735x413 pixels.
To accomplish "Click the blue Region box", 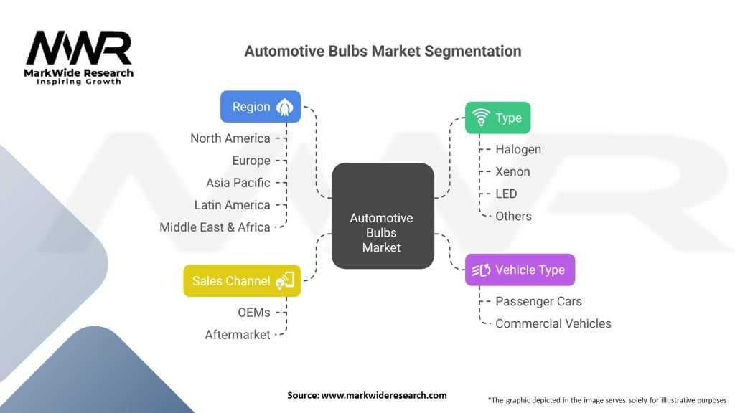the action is [x=261, y=107].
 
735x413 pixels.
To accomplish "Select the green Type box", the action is [x=498, y=118].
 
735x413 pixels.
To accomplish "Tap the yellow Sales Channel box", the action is [x=242, y=281].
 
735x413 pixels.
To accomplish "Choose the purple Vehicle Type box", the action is [x=520, y=270].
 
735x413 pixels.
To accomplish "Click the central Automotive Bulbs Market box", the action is [x=383, y=216].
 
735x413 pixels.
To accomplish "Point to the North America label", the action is [x=230, y=138].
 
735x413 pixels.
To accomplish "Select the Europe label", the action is [x=251, y=161].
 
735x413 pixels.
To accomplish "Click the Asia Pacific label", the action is [x=238, y=183].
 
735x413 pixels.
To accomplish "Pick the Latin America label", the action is [x=233, y=205].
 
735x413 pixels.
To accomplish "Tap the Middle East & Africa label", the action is [x=215, y=227].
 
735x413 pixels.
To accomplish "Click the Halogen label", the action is [x=518, y=150].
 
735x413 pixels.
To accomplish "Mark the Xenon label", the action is [x=512, y=172].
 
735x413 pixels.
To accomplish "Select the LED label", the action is [x=506, y=194].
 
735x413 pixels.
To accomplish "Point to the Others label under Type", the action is [x=514, y=217].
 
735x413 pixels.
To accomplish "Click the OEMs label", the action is [x=254, y=313].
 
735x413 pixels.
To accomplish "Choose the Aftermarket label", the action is [x=238, y=335].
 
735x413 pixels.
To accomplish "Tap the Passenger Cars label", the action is [x=538, y=302].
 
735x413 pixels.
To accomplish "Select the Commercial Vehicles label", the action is [x=553, y=323].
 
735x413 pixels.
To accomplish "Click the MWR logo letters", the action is [x=79, y=48].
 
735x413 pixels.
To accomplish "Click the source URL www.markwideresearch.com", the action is [x=384, y=395].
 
